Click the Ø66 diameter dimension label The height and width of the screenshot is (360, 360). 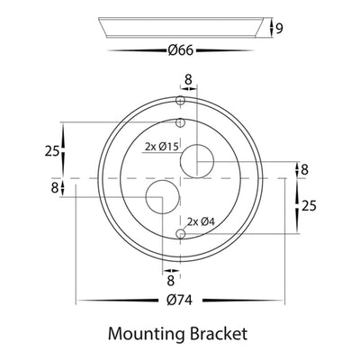click(x=181, y=50)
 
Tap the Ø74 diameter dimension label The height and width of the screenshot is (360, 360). click(x=180, y=300)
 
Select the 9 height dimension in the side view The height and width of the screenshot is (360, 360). click(x=279, y=29)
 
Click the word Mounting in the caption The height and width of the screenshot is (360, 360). click(x=146, y=334)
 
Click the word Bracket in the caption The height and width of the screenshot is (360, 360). click(x=219, y=333)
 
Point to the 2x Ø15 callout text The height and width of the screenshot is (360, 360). click(x=162, y=147)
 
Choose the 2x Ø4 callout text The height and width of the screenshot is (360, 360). click(x=202, y=221)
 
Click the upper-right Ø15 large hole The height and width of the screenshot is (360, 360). click(x=197, y=161)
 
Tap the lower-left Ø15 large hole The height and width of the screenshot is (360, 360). click(x=162, y=197)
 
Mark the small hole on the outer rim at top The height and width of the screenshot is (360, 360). click(x=180, y=100)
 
